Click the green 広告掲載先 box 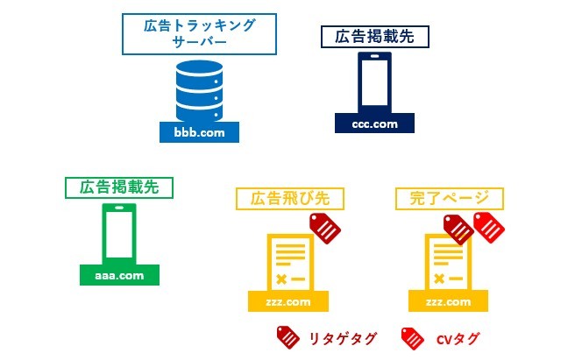coord(119,187)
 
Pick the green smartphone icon coord(119,233)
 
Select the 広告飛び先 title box coord(290,198)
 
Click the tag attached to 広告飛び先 coord(325,228)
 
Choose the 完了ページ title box coord(449,198)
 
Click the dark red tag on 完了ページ coord(458,229)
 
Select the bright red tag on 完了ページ coord(489,228)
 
